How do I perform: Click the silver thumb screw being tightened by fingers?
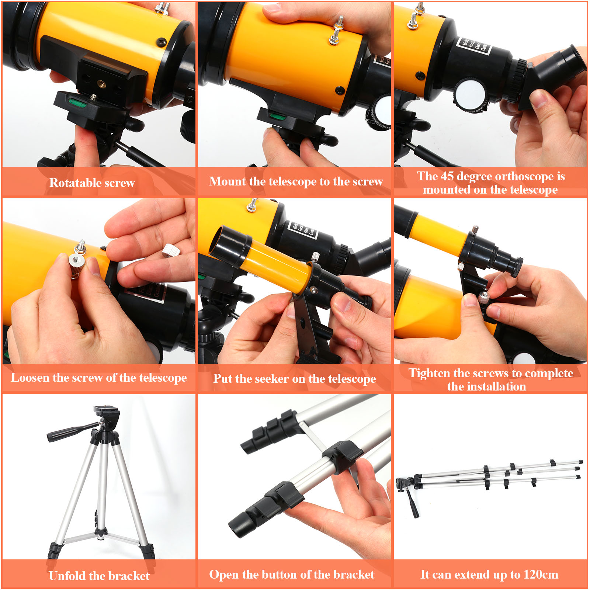coord(483,297)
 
